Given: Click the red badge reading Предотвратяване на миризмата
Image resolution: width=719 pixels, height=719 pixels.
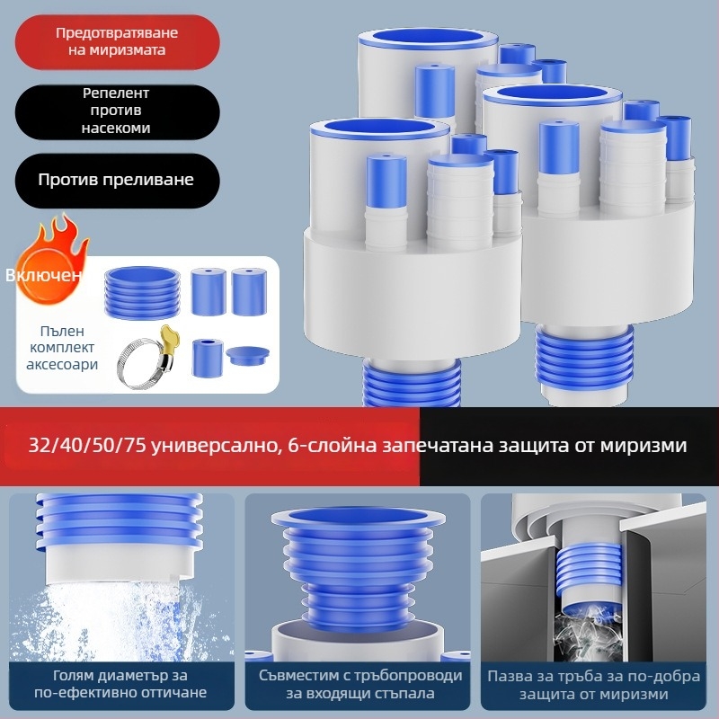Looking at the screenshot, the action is [117, 41].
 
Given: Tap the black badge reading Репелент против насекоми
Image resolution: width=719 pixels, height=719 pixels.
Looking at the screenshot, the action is [117, 111].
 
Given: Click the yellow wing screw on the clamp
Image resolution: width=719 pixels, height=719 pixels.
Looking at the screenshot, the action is [167, 337].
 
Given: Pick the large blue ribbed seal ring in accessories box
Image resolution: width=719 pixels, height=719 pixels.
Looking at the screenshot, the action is [142, 292].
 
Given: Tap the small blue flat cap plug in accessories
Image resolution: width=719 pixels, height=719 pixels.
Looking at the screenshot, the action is [248, 355].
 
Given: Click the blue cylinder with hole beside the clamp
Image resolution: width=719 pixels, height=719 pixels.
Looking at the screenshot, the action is [208, 358].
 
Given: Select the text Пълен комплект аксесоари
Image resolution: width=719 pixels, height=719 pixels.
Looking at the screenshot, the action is [62, 348].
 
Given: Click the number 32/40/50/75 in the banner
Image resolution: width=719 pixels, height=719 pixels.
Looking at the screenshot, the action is [86, 445].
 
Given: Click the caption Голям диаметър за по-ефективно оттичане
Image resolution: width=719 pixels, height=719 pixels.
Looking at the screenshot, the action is [120, 684].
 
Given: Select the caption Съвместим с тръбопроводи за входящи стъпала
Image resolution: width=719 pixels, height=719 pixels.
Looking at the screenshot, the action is [360, 684].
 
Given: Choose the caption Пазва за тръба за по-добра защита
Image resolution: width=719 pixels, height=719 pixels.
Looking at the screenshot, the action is [594, 685].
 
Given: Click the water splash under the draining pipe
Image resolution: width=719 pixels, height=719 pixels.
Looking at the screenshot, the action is [121, 619].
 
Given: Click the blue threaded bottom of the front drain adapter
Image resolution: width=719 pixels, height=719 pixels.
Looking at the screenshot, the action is [412, 381].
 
